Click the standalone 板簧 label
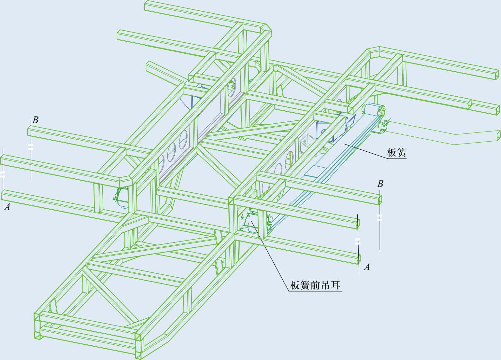[396, 152]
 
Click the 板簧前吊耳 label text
[315, 285]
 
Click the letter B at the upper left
[35, 120]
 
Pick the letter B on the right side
[380, 184]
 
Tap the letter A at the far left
[7, 207]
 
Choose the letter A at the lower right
[367, 267]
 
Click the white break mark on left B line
[31, 147]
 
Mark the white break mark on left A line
[3, 174]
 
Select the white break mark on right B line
[379, 218]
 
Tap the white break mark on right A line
[358, 241]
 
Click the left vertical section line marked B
[31, 163]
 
